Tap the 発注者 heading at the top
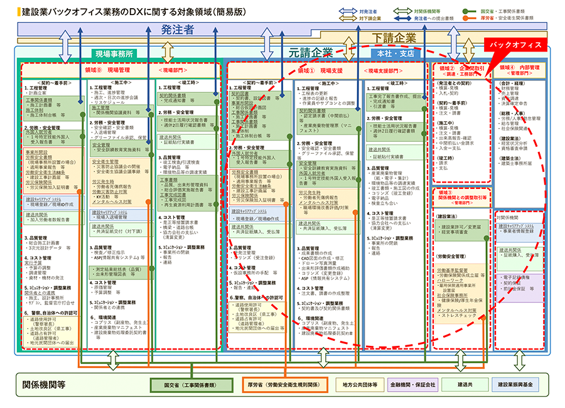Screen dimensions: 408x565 click(x=177, y=30)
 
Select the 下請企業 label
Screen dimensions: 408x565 click(x=394, y=37)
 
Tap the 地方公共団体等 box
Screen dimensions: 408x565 click(x=360, y=384)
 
